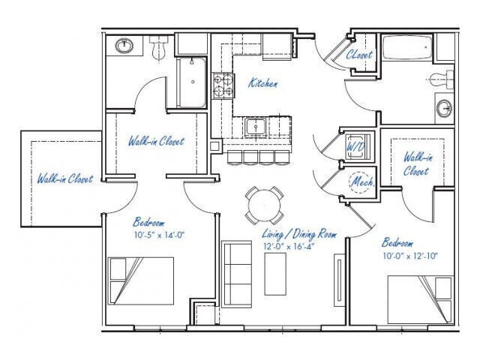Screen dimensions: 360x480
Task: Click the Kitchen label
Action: (x=263, y=84)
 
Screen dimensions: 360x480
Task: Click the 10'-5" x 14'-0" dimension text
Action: (x=159, y=234)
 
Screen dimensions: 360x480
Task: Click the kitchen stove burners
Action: (x=222, y=85)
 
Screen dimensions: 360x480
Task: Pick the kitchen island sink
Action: (x=255, y=127)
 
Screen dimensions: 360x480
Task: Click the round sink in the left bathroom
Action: (x=124, y=46)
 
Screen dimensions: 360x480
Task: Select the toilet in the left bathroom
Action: (x=157, y=49)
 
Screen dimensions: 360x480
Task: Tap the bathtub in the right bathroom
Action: (x=406, y=49)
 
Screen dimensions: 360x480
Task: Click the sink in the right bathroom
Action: (x=443, y=106)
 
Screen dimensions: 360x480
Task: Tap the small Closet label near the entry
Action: (x=359, y=55)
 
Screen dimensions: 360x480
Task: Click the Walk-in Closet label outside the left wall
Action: (x=65, y=179)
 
